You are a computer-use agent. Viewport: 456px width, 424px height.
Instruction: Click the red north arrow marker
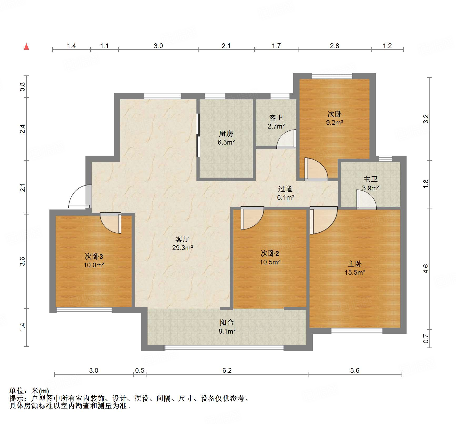(x=26, y=47)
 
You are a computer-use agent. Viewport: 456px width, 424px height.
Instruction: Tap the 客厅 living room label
(x=182, y=239)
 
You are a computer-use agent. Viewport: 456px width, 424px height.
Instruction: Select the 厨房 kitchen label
(x=226, y=134)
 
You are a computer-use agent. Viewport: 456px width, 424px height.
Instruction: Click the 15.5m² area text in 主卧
(x=355, y=272)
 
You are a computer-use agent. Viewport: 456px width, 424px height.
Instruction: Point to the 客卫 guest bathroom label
(x=276, y=118)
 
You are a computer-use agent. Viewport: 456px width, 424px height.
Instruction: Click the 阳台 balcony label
(x=227, y=323)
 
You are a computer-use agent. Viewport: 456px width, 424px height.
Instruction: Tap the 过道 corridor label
(x=285, y=189)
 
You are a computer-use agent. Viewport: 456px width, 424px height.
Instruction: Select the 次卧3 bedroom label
(x=94, y=256)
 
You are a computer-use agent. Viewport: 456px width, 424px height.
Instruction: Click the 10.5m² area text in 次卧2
(x=270, y=262)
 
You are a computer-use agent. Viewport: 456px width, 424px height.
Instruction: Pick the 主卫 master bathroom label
(x=370, y=179)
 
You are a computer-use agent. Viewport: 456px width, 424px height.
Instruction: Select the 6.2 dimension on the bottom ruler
(x=227, y=370)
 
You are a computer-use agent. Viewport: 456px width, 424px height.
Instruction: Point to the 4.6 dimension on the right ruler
(x=426, y=269)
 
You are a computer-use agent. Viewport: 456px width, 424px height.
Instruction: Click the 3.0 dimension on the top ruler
(x=158, y=46)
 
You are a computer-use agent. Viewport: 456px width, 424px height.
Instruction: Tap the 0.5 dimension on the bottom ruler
(x=140, y=370)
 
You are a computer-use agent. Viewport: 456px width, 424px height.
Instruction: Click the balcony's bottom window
(x=224, y=348)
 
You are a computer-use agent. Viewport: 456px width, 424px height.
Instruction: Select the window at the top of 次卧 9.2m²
(x=332, y=76)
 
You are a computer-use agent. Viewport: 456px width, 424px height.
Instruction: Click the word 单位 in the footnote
(x=16, y=391)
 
